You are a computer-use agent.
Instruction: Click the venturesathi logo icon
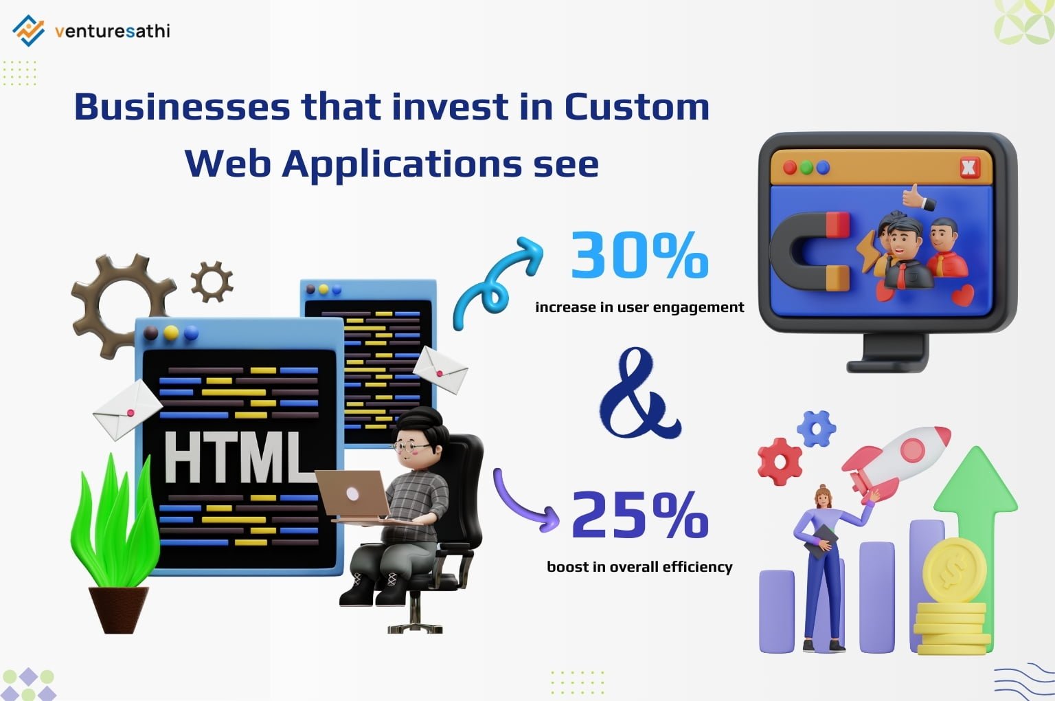coord(28,30)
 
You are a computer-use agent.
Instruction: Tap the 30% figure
coord(639,255)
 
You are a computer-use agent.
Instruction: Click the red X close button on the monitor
coord(969,167)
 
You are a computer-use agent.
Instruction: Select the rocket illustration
coord(893,457)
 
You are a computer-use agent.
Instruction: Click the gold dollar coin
coord(954,570)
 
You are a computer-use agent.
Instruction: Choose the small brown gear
coord(212,281)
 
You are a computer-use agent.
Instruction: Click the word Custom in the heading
coord(636,107)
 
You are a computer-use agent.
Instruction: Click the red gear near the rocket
coord(780,461)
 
